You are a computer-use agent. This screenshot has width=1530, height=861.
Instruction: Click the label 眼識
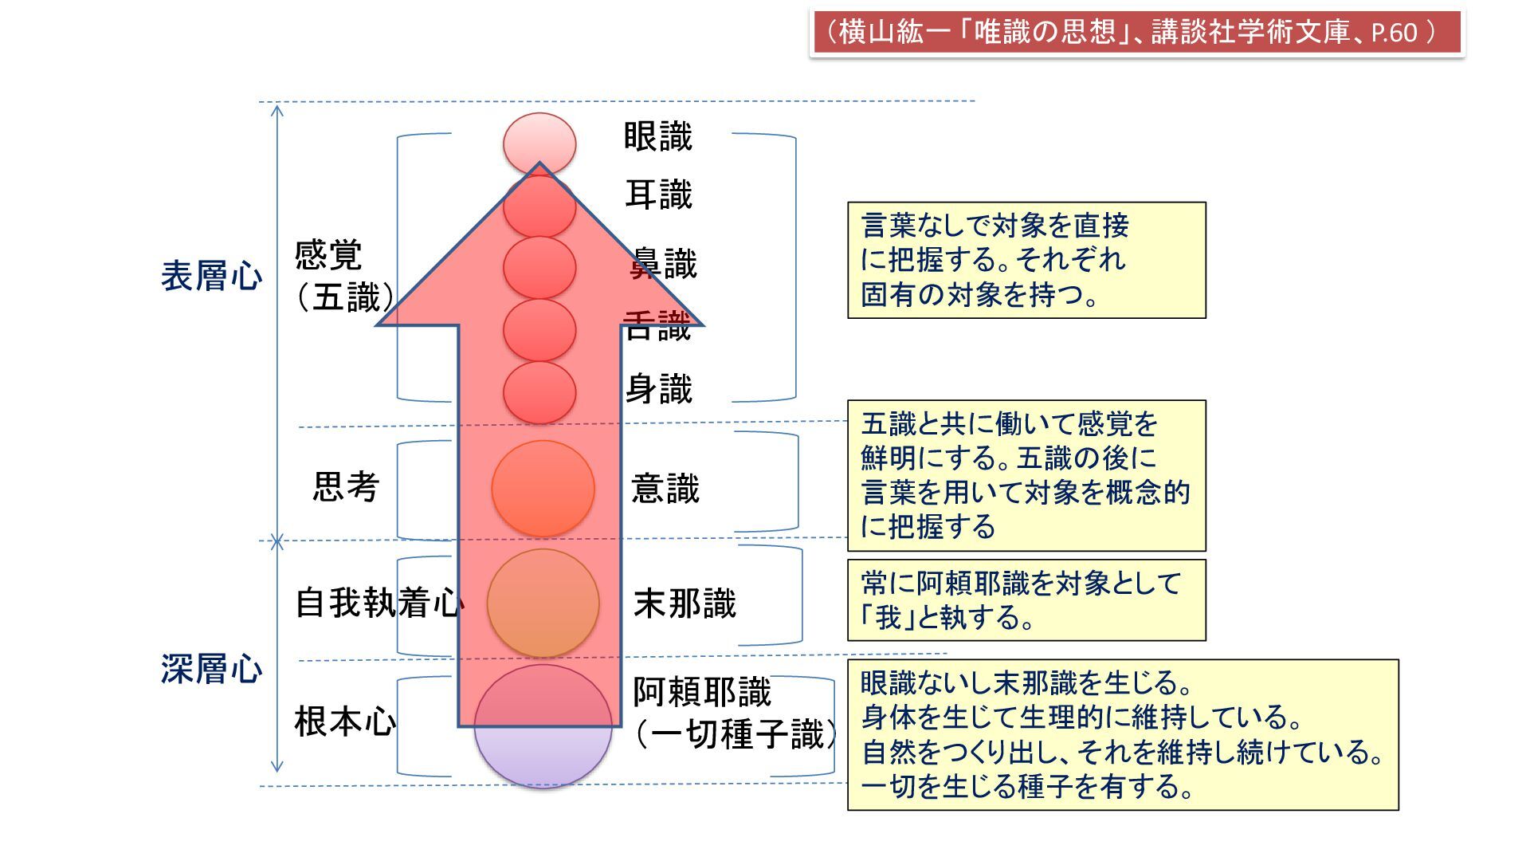coord(657,136)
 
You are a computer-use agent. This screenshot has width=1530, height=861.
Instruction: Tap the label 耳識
coord(658,195)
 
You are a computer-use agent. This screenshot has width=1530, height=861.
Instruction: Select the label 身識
coord(658,389)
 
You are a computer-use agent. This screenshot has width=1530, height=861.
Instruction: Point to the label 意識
coord(665,488)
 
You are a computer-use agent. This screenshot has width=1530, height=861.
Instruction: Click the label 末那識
coord(685,603)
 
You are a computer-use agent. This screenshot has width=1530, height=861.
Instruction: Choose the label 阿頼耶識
coord(701,692)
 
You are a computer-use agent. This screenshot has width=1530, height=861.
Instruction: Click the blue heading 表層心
coord(211,276)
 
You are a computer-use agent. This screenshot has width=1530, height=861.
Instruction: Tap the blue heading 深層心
coord(211,669)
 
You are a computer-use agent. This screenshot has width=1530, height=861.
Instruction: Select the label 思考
coord(345,486)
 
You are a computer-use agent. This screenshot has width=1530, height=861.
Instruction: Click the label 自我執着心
coord(379,603)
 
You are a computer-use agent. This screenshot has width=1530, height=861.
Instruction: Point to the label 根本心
coord(345,721)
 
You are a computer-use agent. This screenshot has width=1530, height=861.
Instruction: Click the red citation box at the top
coord(1136,33)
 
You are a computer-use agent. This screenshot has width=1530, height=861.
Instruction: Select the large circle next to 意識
coord(543,488)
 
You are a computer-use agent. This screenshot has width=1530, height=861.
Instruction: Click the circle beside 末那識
coord(543,603)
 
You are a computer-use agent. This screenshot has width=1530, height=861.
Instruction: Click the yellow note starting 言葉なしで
coord(1026,260)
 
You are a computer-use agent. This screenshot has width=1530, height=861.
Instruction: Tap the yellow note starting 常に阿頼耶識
coord(1026,600)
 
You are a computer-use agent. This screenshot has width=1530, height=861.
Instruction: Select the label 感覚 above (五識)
coord(328,255)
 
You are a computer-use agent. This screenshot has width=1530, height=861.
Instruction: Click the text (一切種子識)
coord(736,734)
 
